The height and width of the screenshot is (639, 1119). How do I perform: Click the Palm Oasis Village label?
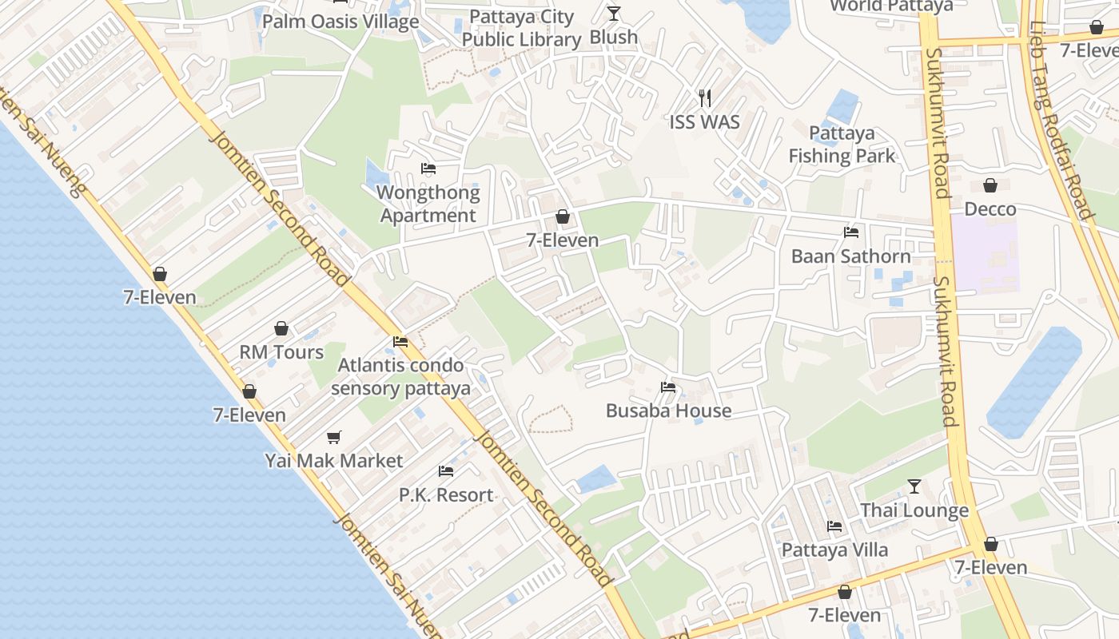click(x=340, y=22)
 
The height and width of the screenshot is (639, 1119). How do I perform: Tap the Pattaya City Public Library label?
click(x=521, y=28)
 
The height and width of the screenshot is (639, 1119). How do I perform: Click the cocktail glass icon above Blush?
click(x=613, y=13)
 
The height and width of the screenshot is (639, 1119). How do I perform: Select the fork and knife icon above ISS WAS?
click(x=704, y=97)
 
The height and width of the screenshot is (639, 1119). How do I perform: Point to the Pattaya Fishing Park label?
click(x=842, y=145)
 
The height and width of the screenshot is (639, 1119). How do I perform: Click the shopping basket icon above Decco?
click(x=990, y=185)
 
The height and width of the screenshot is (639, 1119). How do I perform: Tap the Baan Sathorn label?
click(x=850, y=256)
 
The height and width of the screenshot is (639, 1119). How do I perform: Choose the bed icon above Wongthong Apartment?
click(x=428, y=169)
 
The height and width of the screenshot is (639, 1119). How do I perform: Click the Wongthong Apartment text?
click(x=428, y=204)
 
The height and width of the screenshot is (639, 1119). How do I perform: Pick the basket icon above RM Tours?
click(x=281, y=328)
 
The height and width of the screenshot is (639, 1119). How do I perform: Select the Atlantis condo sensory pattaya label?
click(x=400, y=377)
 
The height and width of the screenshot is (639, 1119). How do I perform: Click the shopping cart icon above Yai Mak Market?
click(x=334, y=437)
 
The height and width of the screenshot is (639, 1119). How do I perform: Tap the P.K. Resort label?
click(x=446, y=495)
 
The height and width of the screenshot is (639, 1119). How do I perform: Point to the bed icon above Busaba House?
click(x=668, y=387)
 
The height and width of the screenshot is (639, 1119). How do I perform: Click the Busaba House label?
click(x=668, y=411)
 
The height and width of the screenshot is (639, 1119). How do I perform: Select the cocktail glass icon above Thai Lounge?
click(x=914, y=486)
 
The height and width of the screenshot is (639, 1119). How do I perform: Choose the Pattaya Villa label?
click(x=834, y=550)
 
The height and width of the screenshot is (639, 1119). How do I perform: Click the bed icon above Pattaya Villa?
click(x=834, y=526)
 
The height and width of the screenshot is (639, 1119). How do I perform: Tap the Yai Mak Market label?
click(x=334, y=461)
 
